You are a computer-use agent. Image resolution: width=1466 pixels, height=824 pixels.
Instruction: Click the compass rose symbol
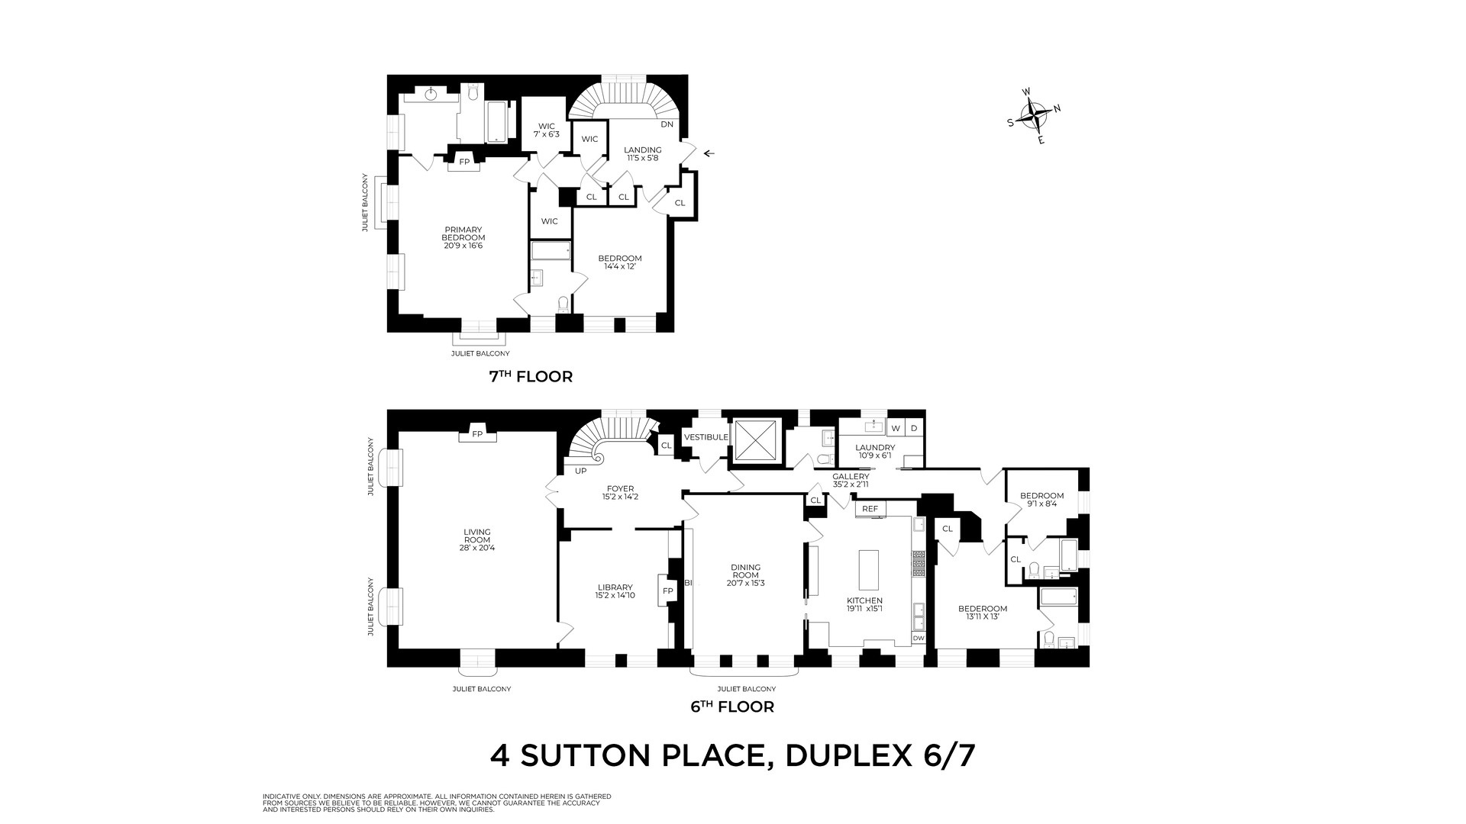(x=1034, y=117)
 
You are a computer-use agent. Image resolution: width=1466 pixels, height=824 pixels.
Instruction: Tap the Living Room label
(x=477, y=539)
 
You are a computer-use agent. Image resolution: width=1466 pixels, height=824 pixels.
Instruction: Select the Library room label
(x=615, y=591)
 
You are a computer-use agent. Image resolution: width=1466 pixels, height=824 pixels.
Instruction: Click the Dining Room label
(x=745, y=575)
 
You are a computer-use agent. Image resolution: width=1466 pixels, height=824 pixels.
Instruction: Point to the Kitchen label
(x=864, y=604)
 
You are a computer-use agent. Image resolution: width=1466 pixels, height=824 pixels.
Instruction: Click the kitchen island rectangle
(x=870, y=569)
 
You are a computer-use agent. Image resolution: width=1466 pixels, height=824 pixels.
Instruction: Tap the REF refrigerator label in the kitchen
(x=870, y=509)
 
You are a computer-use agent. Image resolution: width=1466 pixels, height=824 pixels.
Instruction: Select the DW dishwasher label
(x=919, y=639)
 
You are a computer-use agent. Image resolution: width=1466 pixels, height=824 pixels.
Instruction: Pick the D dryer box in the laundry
(x=914, y=428)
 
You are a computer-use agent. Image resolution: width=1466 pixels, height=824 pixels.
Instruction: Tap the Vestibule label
(x=706, y=437)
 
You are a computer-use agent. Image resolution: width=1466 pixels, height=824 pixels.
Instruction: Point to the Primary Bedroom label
(x=463, y=237)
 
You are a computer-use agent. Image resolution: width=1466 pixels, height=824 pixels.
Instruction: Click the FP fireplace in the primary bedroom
(x=463, y=161)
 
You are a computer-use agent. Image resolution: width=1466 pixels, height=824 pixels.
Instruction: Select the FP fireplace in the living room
(x=478, y=433)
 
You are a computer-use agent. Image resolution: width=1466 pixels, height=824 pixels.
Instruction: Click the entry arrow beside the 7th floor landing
(x=709, y=153)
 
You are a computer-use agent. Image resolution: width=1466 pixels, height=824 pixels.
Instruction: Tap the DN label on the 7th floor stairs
(x=667, y=124)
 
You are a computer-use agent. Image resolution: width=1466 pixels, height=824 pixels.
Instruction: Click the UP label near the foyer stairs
(x=580, y=471)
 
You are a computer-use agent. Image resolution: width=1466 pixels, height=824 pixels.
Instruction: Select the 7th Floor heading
(x=530, y=376)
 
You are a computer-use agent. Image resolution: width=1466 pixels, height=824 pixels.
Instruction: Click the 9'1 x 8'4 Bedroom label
(x=1041, y=499)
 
